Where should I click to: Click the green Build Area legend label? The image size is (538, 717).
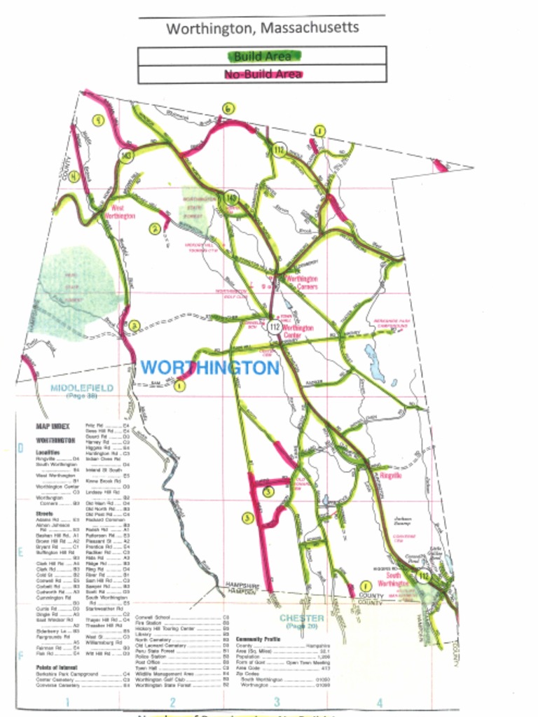pos(261,55)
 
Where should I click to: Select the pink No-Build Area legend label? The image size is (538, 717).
pos(263,74)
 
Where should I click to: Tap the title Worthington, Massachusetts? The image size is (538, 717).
pos(262,28)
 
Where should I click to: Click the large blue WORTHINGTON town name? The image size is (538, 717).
pos(210,368)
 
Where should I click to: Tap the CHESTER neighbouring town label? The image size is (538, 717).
pos(302,618)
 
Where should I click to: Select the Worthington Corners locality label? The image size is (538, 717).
pos(302,282)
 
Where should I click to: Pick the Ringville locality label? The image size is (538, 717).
pos(390,475)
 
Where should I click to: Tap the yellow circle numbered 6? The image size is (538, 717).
pos(228,109)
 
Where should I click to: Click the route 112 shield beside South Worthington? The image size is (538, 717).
pos(422,575)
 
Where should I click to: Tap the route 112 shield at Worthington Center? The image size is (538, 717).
pos(274,327)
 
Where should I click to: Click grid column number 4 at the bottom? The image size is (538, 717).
pos(379,702)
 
